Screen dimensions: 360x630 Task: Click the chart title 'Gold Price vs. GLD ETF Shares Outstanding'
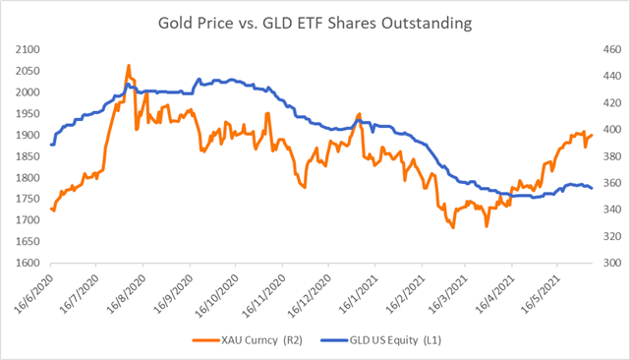point(315,22)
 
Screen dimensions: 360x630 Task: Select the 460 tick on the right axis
point(604,49)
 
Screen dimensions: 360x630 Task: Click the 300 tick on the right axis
point(604,264)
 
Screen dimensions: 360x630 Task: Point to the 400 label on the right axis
point(604,130)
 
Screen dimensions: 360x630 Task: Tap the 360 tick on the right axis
point(604,183)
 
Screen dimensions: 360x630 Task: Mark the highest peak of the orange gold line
point(129,66)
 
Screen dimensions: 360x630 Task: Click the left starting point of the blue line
point(50,145)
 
